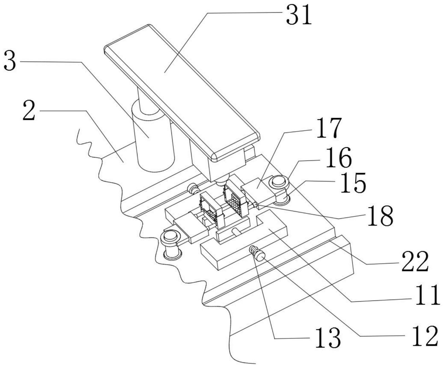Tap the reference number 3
10,61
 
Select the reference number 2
29,111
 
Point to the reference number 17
329,128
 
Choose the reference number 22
415,261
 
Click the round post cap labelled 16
279,181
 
